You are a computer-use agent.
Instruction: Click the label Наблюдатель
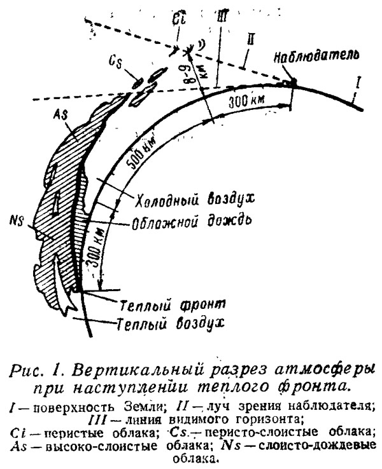316,57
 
